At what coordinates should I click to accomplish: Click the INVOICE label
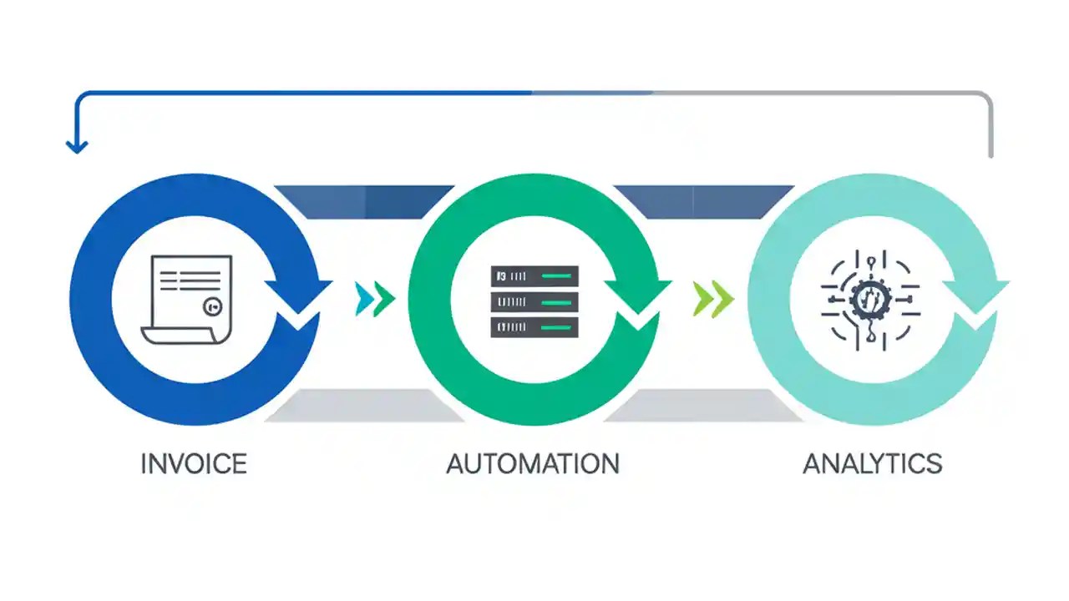[194, 463]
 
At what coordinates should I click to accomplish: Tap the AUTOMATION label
[533, 463]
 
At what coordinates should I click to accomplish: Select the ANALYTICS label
[872, 463]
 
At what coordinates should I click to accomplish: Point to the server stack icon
[534, 301]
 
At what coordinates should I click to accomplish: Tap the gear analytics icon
[870, 299]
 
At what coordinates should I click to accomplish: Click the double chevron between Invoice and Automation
[374, 299]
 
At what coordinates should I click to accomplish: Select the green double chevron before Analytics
[713, 299]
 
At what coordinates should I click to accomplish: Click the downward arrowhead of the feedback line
[77, 147]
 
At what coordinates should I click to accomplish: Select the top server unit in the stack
[534, 275]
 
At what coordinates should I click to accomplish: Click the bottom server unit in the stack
[534, 327]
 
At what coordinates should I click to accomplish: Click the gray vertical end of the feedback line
[990, 134]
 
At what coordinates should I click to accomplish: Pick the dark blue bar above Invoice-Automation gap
[364, 201]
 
